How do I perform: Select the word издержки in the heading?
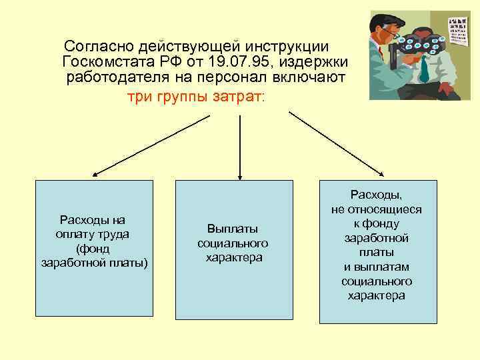(317, 63)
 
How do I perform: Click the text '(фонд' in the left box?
(93, 248)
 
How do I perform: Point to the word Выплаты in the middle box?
(233, 227)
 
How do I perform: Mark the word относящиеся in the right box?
(376, 209)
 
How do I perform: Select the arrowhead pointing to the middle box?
(234, 175)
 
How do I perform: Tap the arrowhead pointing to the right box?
(381, 175)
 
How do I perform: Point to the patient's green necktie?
(425, 68)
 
